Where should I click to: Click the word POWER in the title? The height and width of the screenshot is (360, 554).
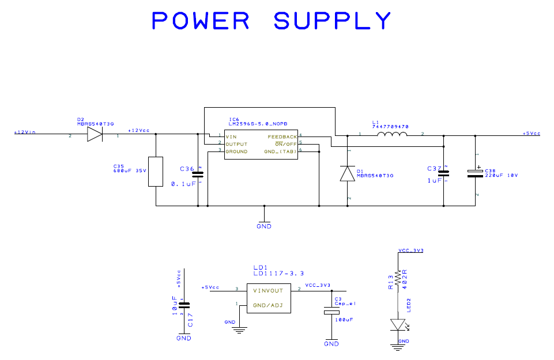tap(201, 21)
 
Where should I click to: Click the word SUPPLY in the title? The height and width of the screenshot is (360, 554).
tap(333, 21)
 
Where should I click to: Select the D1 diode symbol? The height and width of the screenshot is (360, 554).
tap(348, 173)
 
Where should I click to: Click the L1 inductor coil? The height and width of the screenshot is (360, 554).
tap(392, 135)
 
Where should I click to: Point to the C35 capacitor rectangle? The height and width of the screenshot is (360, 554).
tap(156, 171)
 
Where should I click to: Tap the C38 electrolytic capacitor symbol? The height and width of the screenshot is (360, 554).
tap(476, 173)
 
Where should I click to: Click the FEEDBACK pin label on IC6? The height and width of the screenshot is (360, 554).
tap(282, 137)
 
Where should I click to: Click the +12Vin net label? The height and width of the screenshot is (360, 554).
tap(25, 132)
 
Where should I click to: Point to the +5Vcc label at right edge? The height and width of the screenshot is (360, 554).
tap(532, 134)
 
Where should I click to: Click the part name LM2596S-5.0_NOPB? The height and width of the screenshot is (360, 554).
tap(258, 124)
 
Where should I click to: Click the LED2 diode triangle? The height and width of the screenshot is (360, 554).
tap(397, 325)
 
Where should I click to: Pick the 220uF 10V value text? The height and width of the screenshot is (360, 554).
tap(501, 175)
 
